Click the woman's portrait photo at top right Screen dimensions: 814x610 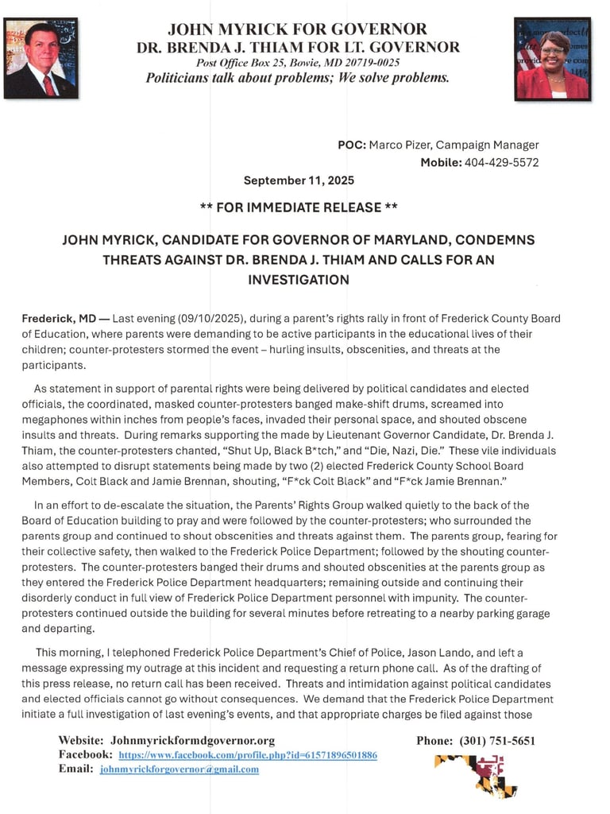[x=552, y=58]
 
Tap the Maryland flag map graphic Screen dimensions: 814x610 [x=476, y=774]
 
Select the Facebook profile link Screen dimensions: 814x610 [x=248, y=754]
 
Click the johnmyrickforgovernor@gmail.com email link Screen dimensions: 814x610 [x=180, y=769]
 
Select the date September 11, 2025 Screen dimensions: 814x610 [x=299, y=180]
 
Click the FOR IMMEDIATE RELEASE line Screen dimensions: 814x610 [x=299, y=207]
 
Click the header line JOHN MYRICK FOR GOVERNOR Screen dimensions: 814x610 [x=298, y=29]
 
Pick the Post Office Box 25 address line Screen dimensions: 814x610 [x=298, y=62]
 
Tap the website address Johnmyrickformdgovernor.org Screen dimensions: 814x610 [x=192, y=740]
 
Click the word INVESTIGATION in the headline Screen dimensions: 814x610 [x=299, y=280]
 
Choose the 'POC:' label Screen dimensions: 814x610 [x=352, y=145]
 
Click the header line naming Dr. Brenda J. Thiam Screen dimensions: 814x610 [x=298, y=47]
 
